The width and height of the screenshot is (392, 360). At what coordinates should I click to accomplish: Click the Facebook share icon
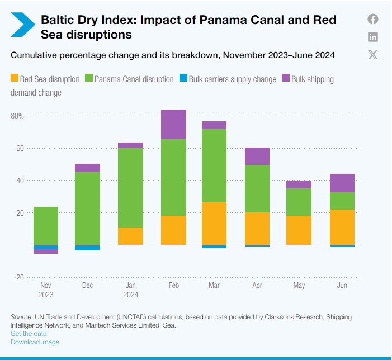373,19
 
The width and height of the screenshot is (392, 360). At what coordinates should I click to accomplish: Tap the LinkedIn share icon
373,37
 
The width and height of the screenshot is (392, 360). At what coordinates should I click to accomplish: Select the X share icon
373,54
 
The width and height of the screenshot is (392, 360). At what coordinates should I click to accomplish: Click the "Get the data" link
29,334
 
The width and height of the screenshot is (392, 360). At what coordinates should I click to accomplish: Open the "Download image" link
35,342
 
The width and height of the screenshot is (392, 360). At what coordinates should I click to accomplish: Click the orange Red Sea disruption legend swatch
15,79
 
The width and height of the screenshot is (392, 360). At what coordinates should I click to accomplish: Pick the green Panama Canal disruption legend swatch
89,79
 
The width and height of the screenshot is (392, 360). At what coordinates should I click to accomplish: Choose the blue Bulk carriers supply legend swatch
183,79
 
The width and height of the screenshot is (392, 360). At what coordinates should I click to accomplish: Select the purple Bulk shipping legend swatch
286,79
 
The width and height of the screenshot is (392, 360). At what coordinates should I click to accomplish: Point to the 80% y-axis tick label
17,116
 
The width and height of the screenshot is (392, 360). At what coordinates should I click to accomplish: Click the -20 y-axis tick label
18,277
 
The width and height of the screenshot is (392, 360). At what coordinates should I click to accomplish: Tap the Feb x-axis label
174,285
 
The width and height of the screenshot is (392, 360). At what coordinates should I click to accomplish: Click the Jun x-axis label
342,285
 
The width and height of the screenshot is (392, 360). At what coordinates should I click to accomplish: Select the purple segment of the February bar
174,124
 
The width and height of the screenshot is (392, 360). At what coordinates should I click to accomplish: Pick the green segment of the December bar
88,208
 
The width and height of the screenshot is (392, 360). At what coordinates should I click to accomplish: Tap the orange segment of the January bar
131,236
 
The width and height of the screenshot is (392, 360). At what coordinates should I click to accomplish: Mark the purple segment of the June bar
342,183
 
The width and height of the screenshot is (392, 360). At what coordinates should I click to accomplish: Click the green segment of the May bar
299,202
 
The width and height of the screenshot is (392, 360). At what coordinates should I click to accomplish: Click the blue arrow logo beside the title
23,26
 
